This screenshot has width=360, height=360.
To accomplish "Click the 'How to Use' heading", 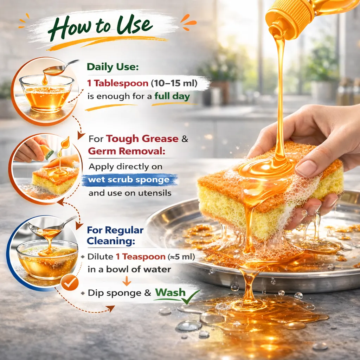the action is [x=100, y=27].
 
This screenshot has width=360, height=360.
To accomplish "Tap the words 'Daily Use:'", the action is [x=113, y=67].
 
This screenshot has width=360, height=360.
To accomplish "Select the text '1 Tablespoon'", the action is [x=118, y=83].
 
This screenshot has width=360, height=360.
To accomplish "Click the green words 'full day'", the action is [x=172, y=96].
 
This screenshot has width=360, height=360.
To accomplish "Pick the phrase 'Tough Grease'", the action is [x=142, y=139].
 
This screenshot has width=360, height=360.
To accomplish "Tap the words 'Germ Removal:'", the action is [x=127, y=151].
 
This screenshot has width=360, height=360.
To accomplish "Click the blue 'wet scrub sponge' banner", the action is [x=130, y=180].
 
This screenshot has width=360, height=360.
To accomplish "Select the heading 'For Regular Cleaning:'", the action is [x=115, y=236].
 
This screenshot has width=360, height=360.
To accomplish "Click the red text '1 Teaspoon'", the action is [x=141, y=257].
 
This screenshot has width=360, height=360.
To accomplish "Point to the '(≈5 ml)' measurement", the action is [x=181, y=257].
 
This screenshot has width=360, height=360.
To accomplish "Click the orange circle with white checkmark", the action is [x=70, y=283].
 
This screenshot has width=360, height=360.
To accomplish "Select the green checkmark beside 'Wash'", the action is [x=190, y=297].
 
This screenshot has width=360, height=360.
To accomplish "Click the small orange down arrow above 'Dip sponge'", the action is [x=127, y=281].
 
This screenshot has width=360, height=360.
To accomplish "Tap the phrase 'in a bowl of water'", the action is [x=129, y=269].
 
